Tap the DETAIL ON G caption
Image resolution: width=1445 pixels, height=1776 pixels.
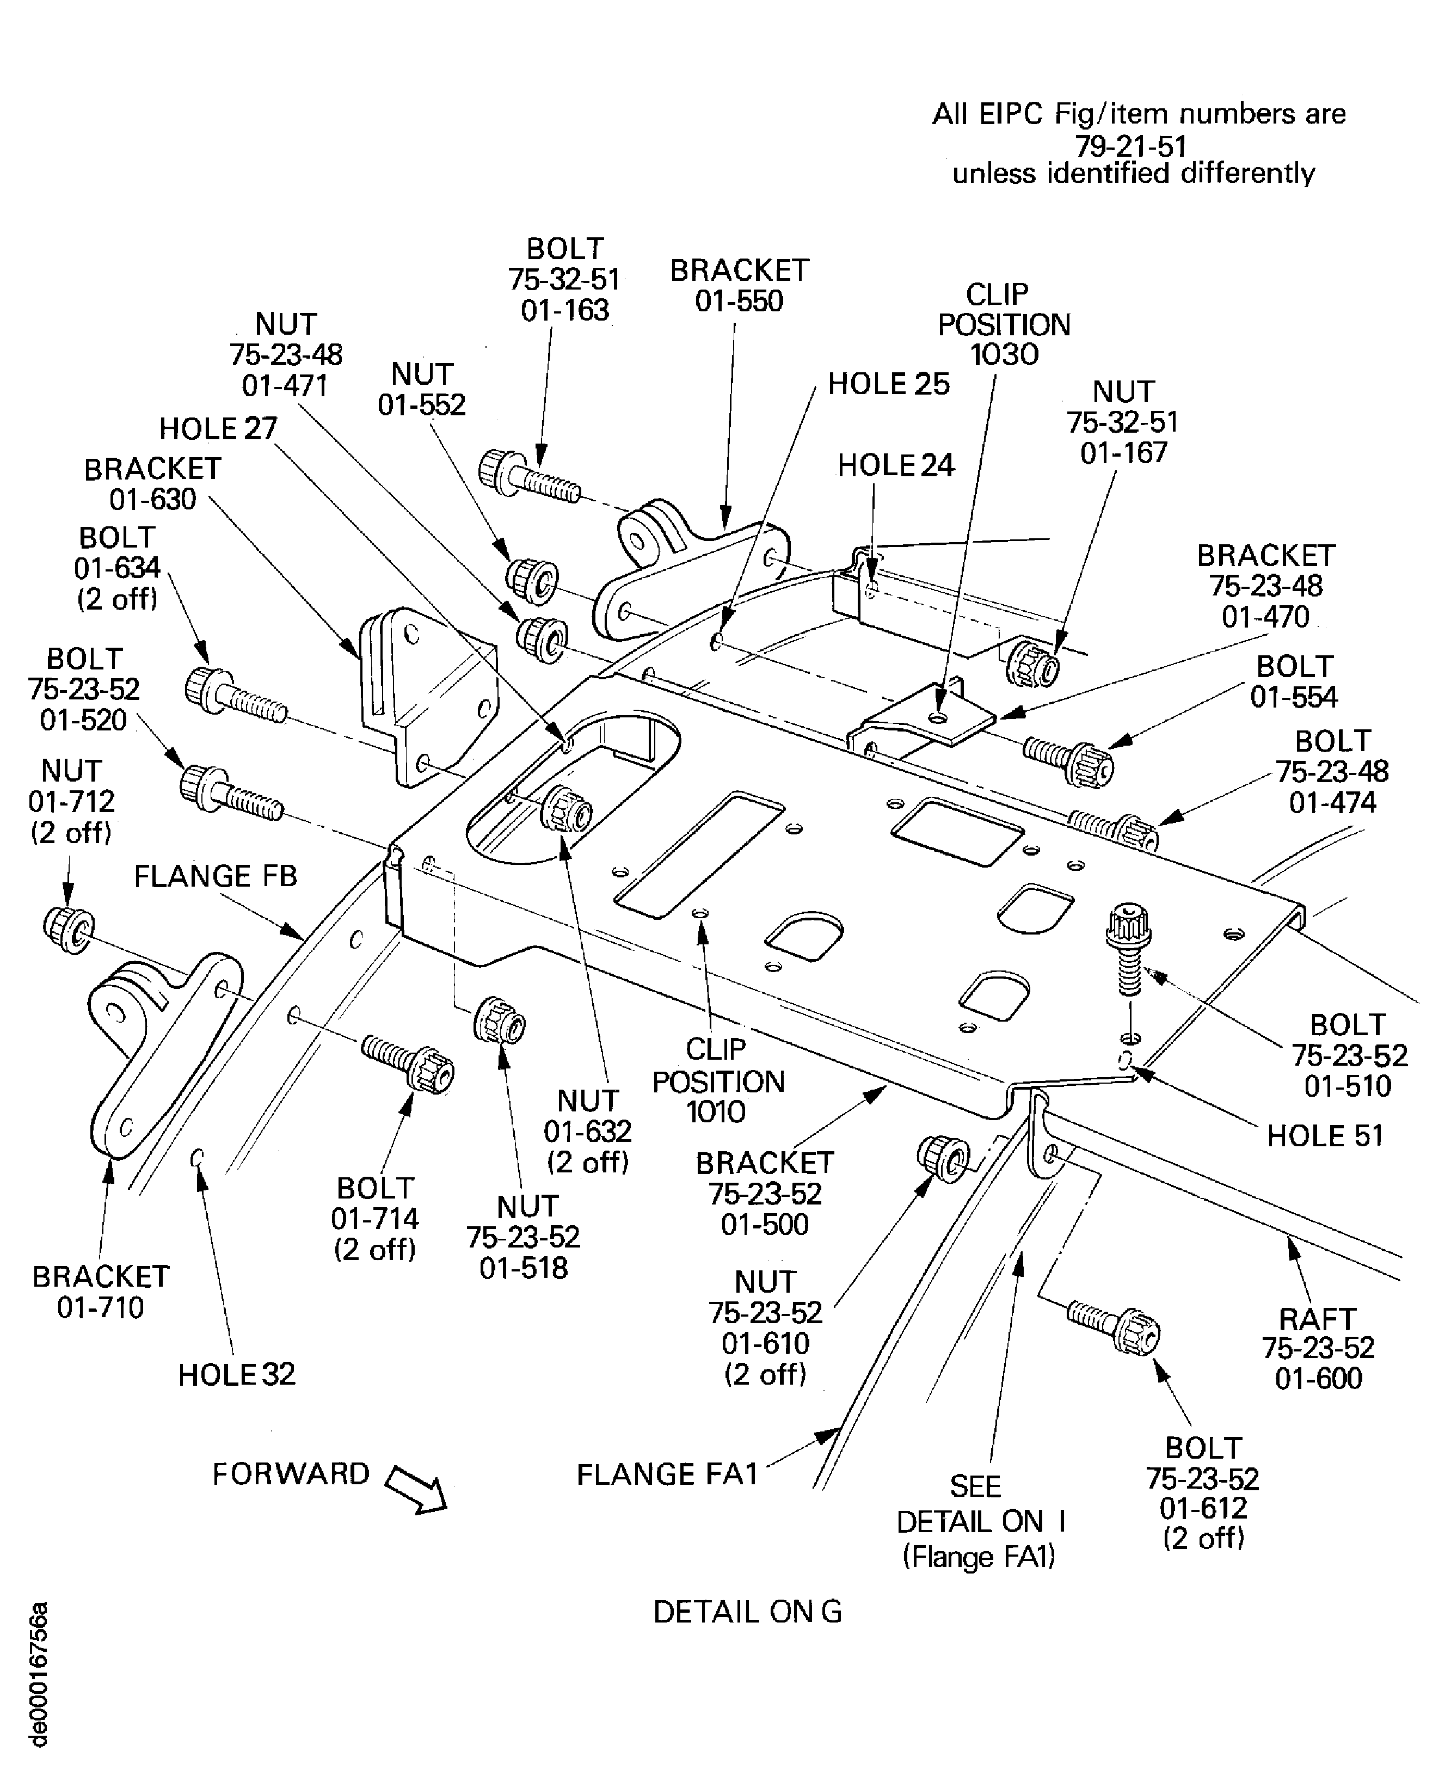pos(747,1612)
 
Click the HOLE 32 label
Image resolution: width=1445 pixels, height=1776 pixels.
pos(236,1374)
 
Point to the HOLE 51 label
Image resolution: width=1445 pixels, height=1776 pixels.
pos(1324,1136)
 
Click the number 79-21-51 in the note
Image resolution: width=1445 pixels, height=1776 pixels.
pos(1130,146)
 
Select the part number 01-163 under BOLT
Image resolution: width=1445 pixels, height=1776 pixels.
pos(565,310)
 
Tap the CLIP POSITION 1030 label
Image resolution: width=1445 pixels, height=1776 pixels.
pos(1004,324)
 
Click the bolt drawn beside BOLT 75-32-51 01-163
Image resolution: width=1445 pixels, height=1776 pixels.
pos(530,477)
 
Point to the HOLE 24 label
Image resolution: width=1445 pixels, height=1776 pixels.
pos(896,465)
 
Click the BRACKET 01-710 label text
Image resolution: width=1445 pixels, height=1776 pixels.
pos(100,1292)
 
